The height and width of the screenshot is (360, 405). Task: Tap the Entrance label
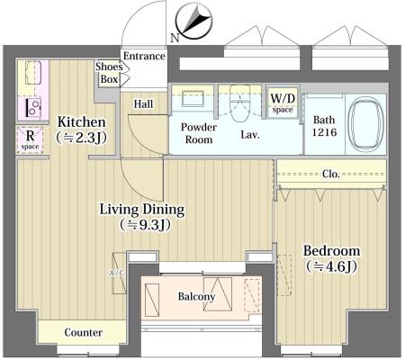(144, 56)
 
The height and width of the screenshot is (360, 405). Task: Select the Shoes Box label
(109, 73)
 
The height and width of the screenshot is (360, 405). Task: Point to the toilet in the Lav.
(240, 103)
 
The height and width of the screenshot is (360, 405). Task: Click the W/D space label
(283, 103)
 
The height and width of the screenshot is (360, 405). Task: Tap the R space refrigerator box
(30, 139)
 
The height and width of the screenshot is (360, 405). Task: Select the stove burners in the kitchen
(33, 108)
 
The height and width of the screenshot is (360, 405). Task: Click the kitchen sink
(33, 73)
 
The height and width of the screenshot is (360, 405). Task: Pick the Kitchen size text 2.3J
(81, 138)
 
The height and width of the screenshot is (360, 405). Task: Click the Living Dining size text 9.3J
(145, 225)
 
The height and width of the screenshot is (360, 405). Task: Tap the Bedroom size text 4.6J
(331, 266)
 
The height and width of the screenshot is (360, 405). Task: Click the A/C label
(116, 274)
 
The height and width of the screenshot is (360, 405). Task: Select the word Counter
(83, 332)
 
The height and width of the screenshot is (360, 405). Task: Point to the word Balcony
(196, 297)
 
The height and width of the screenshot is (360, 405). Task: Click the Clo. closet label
(331, 174)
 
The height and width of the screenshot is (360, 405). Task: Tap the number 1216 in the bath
(324, 132)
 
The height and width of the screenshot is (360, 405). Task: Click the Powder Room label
(198, 133)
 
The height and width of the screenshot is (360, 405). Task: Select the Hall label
(143, 104)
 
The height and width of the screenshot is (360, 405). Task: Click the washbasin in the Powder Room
(193, 99)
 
